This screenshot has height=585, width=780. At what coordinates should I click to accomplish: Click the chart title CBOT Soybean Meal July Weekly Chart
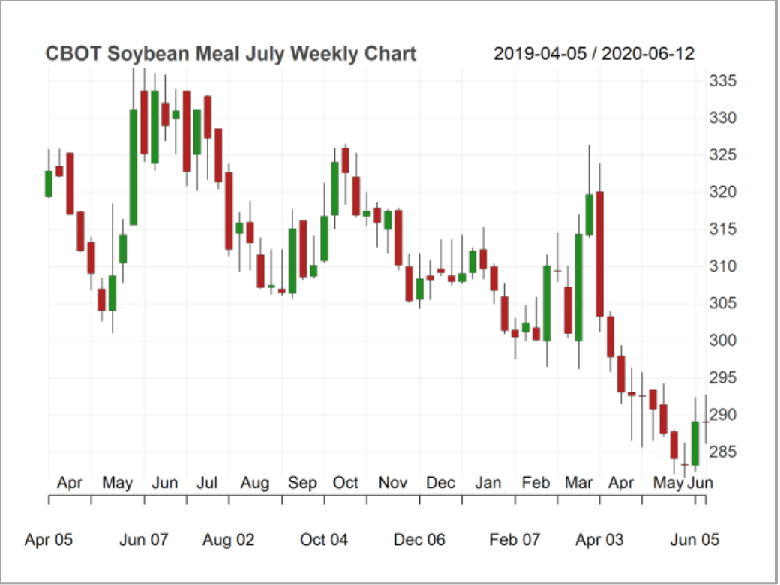[230, 54]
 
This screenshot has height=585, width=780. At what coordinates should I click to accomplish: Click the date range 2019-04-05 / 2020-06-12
[593, 54]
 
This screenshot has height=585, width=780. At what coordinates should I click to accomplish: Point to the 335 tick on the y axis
[722, 81]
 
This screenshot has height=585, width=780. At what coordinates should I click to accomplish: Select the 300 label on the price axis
[722, 340]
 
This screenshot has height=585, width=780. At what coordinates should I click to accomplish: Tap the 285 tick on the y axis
[722, 451]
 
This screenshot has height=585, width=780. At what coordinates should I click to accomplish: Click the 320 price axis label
[722, 192]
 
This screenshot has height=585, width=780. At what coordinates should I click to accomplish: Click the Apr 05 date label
[49, 540]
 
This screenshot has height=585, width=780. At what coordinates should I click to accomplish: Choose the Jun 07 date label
[144, 540]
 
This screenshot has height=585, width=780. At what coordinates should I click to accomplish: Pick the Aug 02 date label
[229, 540]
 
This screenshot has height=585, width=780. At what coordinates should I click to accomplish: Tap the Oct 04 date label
[324, 540]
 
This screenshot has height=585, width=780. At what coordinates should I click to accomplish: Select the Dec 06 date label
[419, 540]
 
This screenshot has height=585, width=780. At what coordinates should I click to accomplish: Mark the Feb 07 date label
[514, 540]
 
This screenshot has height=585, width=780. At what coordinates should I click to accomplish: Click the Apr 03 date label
[599, 540]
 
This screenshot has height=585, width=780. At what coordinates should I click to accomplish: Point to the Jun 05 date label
[694, 540]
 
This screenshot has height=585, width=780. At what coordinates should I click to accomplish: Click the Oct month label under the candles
[346, 483]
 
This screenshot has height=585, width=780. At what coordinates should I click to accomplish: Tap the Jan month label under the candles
[488, 483]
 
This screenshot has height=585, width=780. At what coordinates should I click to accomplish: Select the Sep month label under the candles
[302, 483]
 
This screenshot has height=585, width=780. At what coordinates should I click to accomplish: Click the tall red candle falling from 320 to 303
[600, 253]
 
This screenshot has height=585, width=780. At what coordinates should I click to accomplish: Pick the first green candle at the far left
[49, 184]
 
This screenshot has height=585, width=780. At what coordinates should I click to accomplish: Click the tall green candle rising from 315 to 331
[133, 167]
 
